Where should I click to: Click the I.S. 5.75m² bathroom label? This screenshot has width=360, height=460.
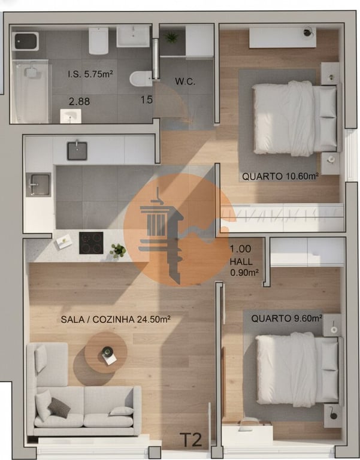pyautogui.click(x=90, y=75)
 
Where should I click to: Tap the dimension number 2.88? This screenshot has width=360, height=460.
pyautogui.click(x=79, y=101)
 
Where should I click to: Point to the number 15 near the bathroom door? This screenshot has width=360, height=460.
pyautogui.click(x=146, y=99)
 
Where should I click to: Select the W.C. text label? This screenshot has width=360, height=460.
pyautogui.click(x=184, y=81)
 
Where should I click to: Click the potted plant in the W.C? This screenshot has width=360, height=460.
pyautogui.click(x=172, y=38)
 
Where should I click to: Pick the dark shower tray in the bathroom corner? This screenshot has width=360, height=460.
pyautogui.click(x=26, y=41)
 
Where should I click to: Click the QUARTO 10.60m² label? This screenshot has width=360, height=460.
pyautogui.click(x=280, y=176)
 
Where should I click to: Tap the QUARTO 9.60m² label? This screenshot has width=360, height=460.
pyautogui.click(x=286, y=318)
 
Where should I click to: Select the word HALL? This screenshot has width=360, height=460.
pyautogui.click(x=241, y=262)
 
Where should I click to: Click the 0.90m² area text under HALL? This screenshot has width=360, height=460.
pyautogui.click(x=244, y=273)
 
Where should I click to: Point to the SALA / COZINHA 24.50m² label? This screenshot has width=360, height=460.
pyautogui.click(x=116, y=319)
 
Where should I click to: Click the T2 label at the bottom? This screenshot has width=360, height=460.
pyautogui.click(x=191, y=440)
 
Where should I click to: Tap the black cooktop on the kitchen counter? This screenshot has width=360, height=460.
pyautogui.click(x=91, y=243)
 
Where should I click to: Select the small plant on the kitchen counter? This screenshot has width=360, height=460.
pyautogui.click(x=118, y=250)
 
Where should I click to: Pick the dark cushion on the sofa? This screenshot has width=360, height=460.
pyautogui.click(x=59, y=407)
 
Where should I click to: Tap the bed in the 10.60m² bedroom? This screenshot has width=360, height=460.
pyautogui.click(x=294, y=119)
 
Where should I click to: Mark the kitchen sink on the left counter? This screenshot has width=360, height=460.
pyautogui.click(x=39, y=184)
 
